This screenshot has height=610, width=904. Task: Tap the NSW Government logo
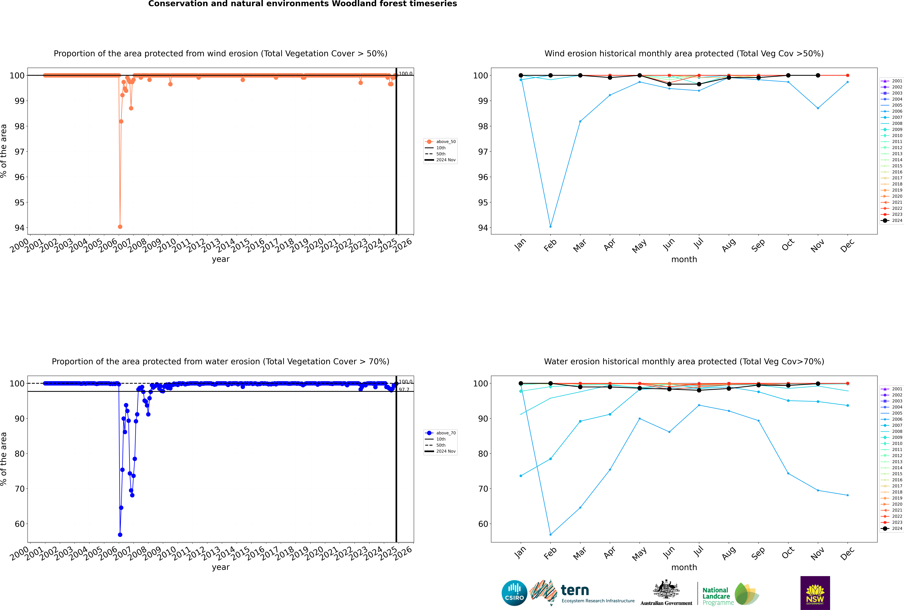pyautogui.click(x=815, y=593)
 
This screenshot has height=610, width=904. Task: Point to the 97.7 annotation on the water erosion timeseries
pyautogui.click(x=404, y=389)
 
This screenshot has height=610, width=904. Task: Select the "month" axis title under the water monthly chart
pyautogui.click(x=684, y=567)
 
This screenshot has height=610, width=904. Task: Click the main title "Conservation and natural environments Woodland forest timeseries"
pyautogui.click(x=302, y=4)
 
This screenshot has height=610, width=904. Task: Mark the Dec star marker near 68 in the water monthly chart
pyautogui.click(x=848, y=495)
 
